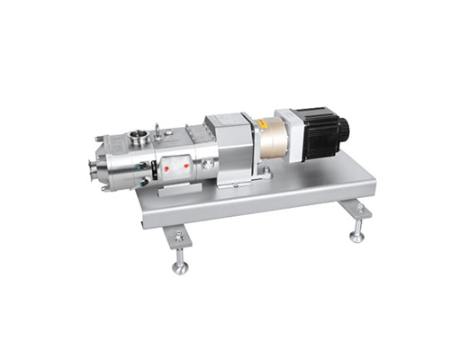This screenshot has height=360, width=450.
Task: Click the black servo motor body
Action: point(316,131)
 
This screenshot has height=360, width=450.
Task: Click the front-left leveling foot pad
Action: point(180,268)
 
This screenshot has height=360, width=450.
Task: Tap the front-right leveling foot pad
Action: point(357,238)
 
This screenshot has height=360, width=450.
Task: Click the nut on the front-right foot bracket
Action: point(359,210)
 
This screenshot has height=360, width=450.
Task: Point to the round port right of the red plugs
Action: point(208,164)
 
